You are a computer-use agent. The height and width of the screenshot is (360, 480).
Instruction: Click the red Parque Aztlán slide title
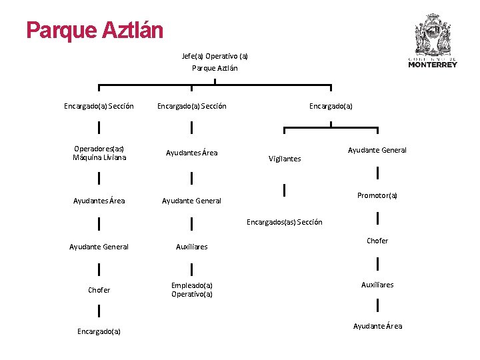95,30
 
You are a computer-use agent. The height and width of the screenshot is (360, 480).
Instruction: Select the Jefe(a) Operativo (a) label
215,56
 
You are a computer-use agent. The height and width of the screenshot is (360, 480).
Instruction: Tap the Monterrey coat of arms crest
433,35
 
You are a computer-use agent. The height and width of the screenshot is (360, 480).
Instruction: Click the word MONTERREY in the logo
433,65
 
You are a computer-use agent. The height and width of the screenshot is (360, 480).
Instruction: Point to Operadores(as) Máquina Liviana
99,153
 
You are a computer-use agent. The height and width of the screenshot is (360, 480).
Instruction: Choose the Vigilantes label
285,159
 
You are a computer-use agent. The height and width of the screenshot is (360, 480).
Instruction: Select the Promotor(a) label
377,195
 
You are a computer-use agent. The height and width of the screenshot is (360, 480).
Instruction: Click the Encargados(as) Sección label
285,222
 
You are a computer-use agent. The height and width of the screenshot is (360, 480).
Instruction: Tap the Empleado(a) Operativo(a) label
192,289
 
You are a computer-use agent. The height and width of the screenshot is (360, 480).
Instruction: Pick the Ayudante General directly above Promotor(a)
377,150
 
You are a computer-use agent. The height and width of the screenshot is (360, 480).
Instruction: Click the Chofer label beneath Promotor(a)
377,241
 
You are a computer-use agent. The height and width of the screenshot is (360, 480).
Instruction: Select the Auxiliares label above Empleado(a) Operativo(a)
192,247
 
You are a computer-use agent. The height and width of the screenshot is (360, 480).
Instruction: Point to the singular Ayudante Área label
377,326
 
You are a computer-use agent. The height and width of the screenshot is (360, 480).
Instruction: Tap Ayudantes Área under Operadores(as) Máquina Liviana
99,201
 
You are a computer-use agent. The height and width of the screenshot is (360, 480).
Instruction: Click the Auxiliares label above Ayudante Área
377,285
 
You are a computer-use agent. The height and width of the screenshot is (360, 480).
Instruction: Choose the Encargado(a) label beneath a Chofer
99,331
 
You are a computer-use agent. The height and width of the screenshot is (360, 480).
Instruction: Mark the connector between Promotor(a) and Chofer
378,218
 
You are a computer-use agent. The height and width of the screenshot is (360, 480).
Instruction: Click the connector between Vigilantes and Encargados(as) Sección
285,191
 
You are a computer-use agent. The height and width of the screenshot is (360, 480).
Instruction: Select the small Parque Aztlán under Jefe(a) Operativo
215,68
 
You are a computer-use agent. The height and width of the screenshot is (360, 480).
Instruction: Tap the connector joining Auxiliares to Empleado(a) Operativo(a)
192,269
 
